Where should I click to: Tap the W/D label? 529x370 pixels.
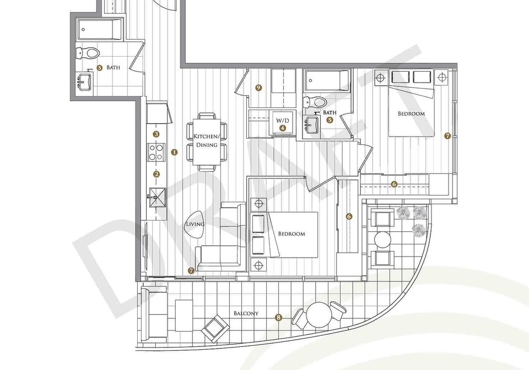point(282,121)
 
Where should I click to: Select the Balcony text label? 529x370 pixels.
point(246,313)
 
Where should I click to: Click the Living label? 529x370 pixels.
point(195,224)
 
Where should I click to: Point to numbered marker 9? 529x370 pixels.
point(259,88)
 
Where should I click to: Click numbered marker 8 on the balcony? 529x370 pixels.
point(278,317)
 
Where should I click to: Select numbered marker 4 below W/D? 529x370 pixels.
point(282,128)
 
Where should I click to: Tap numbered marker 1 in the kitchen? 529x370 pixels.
point(174,152)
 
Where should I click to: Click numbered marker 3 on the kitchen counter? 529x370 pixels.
point(156,134)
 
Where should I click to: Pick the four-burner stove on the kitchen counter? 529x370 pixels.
point(156,151)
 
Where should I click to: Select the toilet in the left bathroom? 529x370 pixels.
point(88,52)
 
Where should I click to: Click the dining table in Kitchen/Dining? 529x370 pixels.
point(207,142)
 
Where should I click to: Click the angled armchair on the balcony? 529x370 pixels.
point(214,327)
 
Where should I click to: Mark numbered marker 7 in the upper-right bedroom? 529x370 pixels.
point(447,136)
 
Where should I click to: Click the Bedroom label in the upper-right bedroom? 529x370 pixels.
point(411,113)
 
